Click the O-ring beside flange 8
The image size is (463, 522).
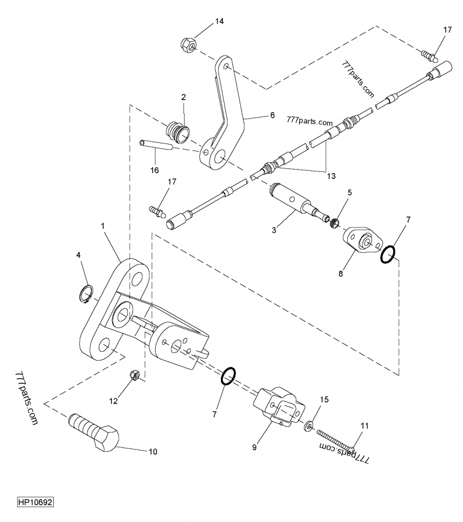(x=388, y=253)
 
